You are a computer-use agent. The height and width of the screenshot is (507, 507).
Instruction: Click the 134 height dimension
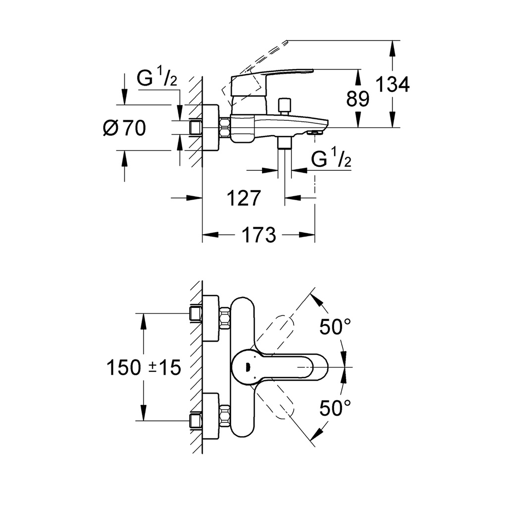(392, 84)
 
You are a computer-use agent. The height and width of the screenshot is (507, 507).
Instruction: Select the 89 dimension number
(357, 99)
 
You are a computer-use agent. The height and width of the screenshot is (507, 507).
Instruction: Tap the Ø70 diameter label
(124, 128)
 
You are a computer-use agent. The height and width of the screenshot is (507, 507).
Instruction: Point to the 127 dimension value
(244, 198)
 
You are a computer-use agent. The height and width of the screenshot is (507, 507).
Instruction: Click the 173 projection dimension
(258, 235)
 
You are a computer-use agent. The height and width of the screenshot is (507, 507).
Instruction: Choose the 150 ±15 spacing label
(144, 368)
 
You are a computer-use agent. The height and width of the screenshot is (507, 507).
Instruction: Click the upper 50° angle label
(335, 327)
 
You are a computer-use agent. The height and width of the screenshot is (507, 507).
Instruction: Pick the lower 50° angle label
(335, 408)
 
